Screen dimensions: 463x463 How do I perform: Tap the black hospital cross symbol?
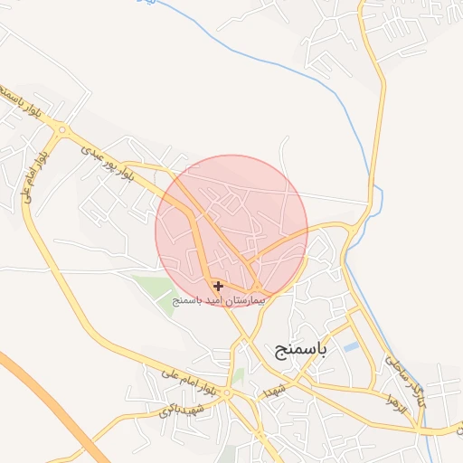[x=219, y=286]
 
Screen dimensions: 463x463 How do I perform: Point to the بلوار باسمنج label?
[x=13, y=101]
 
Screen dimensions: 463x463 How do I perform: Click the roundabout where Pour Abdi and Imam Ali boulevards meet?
[x=61, y=131]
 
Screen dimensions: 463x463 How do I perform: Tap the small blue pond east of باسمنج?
[x=351, y=346]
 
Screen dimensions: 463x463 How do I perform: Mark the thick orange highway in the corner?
[x=45, y=398]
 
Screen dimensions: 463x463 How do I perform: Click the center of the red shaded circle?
[x=231, y=231]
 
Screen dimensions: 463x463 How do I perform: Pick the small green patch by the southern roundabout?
[x=238, y=374]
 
